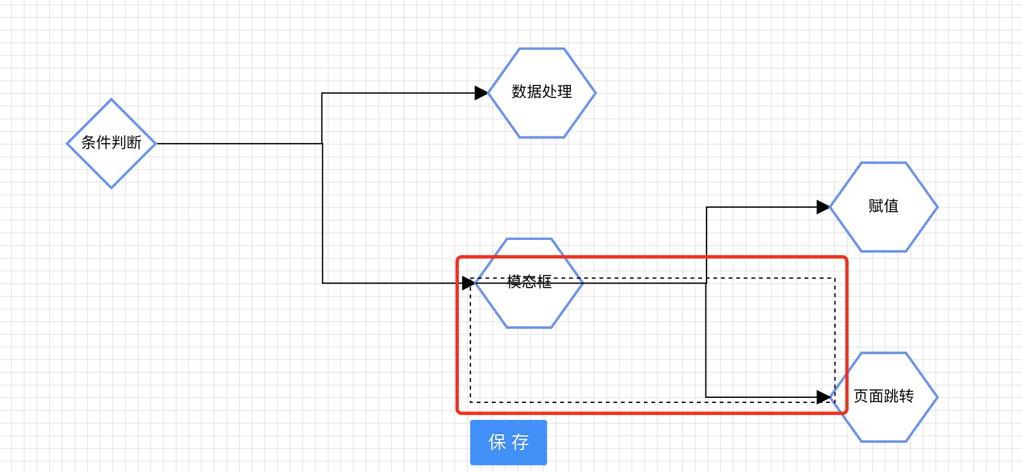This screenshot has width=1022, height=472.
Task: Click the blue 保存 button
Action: (508, 442)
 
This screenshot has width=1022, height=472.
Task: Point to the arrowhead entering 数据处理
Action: (481, 93)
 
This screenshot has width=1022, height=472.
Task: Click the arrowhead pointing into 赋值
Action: (823, 207)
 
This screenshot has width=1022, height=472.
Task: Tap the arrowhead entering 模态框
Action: (468, 283)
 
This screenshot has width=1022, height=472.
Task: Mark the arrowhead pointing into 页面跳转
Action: (823, 397)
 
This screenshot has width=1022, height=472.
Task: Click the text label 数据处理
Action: (542, 92)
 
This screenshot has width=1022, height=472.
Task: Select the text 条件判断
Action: (111, 143)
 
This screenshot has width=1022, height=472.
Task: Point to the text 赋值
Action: (883, 206)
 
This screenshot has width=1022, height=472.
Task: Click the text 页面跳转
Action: (883, 396)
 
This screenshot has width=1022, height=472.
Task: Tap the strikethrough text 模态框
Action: (529, 282)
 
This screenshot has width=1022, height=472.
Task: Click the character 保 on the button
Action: (497, 442)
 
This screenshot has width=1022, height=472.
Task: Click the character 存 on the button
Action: (521, 442)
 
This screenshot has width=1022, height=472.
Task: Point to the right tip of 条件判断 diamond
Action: (155, 144)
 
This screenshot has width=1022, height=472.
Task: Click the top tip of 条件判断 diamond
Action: (111, 100)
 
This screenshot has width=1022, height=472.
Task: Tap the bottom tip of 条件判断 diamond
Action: (111, 187)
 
